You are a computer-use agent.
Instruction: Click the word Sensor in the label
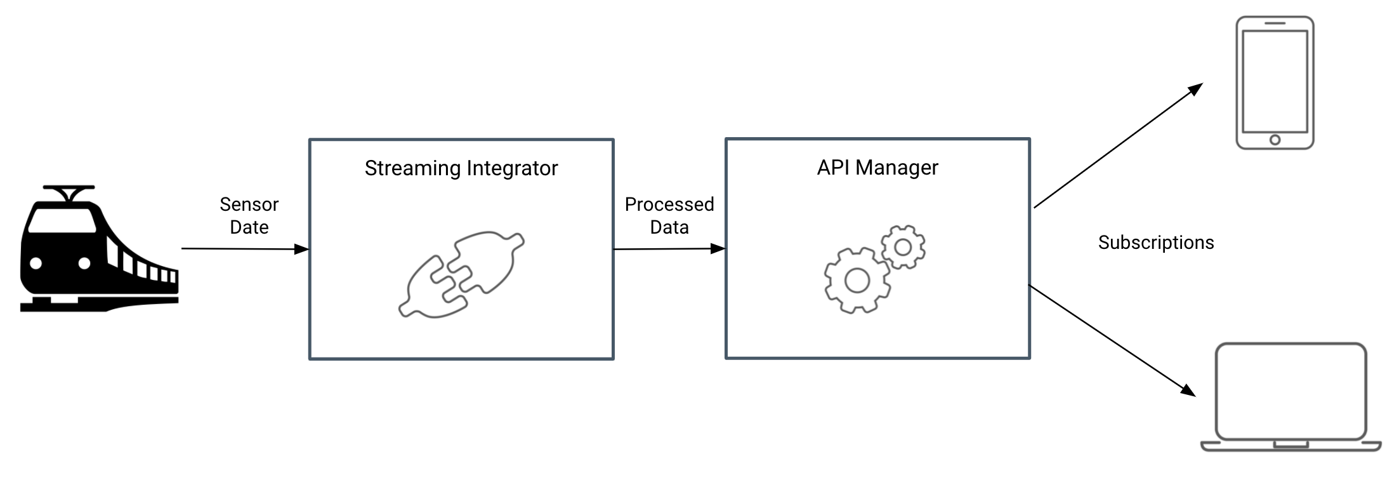pyautogui.click(x=249, y=204)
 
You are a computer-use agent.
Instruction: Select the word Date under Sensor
pyautogui.click(x=249, y=227)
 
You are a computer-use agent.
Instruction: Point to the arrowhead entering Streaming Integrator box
pyautogui.click(x=301, y=250)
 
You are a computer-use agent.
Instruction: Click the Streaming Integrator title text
pyautogui.click(x=461, y=168)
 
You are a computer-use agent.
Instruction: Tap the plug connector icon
pyautogui.click(x=461, y=274)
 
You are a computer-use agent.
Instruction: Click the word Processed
pyautogui.click(x=669, y=204)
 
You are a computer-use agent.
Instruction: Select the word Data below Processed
pyautogui.click(x=669, y=227)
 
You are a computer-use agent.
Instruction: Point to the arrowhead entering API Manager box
pyautogui.click(x=718, y=249)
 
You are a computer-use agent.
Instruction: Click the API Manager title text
pyautogui.click(x=877, y=168)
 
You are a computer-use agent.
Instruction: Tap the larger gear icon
pyautogui.click(x=857, y=280)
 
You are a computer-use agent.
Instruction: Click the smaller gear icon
pyautogui.click(x=903, y=247)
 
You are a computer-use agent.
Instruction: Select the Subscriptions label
pyautogui.click(x=1156, y=243)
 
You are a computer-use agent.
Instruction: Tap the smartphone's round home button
pyautogui.click(x=1275, y=140)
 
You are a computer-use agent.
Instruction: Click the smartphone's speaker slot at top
pyautogui.click(x=1275, y=23)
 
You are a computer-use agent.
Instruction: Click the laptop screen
pyautogui.click(x=1290, y=390)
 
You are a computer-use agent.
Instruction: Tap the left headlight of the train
pyautogui.click(x=36, y=263)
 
